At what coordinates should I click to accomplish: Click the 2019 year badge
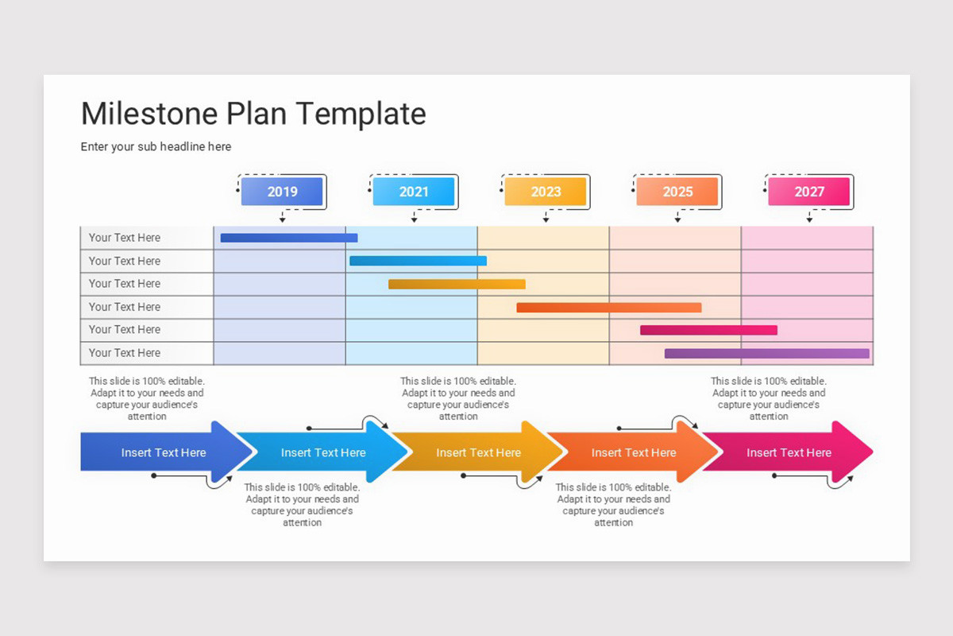point(282,192)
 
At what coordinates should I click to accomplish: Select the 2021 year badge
point(414,192)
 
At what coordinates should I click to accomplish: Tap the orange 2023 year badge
point(546,192)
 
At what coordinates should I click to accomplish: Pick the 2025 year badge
point(677,192)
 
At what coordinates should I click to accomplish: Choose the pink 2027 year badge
point(808,192)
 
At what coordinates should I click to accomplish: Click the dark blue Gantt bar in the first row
point(289,238)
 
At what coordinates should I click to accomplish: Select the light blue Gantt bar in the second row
point(418,261)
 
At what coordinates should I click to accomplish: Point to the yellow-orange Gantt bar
point(457,284)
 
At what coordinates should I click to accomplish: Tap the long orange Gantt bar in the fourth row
point(609,307)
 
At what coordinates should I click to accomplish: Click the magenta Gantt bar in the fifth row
point(708,330)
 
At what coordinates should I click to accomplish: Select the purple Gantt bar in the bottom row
point(767,353)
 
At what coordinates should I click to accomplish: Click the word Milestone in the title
point(149,114)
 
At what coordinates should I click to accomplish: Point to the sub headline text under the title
point(156,147)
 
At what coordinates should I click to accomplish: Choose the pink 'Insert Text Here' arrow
point(789,452)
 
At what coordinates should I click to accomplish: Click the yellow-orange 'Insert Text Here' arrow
point(478,452)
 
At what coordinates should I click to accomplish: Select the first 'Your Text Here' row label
point(125,238)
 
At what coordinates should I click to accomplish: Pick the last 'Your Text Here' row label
point(125,353)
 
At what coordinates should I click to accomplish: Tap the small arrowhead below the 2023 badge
point(546,219)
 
